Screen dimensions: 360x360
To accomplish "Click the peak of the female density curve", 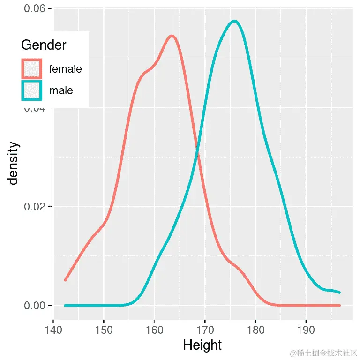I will coord(172,36).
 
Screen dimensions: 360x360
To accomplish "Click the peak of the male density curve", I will coord(234,21).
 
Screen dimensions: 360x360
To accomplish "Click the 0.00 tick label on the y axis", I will coord(35,306).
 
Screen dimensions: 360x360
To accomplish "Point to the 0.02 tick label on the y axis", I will coord(35,207).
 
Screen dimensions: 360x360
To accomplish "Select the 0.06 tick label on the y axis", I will coord(35,9).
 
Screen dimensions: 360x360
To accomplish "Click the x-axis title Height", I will coord(202,345).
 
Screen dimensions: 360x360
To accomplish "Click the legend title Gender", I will coord(44,45).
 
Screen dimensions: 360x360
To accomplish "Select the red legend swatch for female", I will coord(32,69).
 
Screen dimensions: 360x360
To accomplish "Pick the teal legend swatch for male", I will coord(32,90).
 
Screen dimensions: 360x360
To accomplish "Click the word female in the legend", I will coord(65,69).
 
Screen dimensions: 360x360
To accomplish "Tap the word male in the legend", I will coord(61,90).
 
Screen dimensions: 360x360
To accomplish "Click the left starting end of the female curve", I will coord(66,280).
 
